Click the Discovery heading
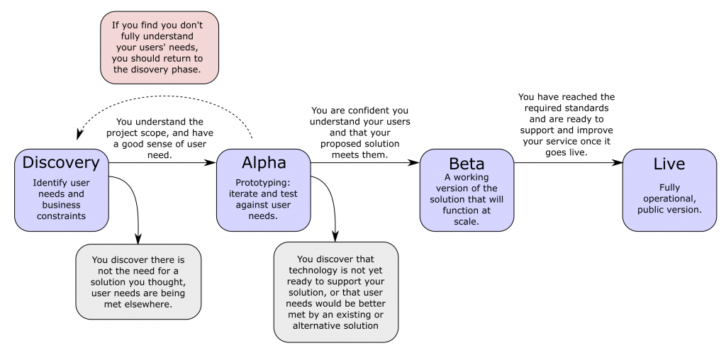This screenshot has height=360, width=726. click(x=61, y=162)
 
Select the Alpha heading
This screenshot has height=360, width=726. click(x=264, y=162)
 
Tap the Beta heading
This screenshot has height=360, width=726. click(x=467, y=164)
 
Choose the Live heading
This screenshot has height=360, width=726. click(x=669, y=164)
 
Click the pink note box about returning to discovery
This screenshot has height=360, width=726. click(x=160, y=47)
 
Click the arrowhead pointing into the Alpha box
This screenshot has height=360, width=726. click(x=211, y=162)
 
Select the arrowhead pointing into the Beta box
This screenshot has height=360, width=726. click(x=414, y=162)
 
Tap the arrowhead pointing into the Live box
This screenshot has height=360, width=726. click(x=617, y=162)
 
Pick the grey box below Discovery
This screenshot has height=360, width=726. click(x=138, y=281)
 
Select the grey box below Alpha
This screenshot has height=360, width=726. click(x=336, y=292)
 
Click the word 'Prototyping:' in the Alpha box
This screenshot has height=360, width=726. click(x=264, y=182)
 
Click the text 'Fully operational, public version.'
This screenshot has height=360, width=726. click(x=669, y=198)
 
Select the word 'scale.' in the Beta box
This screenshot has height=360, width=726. click(x=467, y=221)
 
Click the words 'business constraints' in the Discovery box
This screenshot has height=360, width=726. click(x=61, y=210)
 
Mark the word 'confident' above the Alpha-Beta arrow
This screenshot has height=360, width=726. click(x=375, y=111)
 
